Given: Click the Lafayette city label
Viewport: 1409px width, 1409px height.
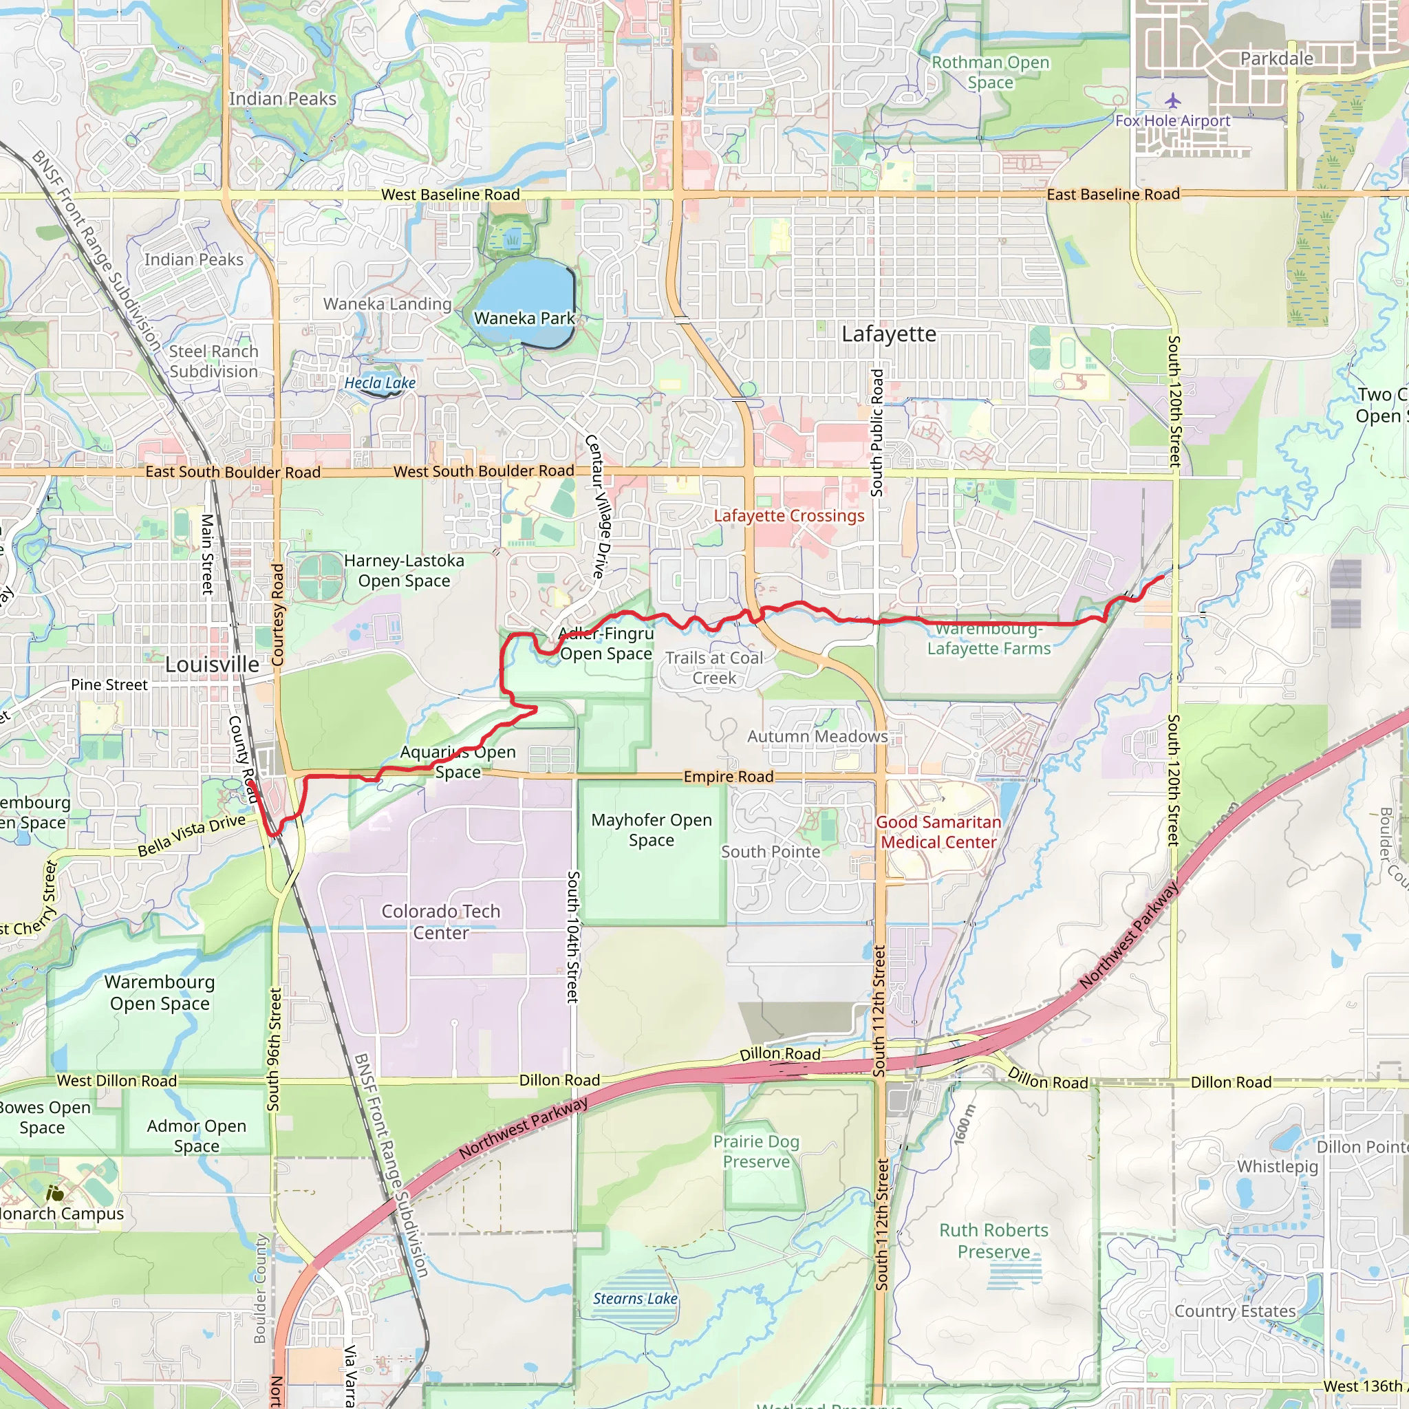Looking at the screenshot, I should click(888, 334).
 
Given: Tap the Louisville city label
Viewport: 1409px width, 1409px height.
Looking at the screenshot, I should click(211, 665).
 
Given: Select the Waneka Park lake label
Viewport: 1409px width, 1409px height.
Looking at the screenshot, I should click(524, 318).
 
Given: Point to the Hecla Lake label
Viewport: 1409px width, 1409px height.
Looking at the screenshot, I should click(379, 383).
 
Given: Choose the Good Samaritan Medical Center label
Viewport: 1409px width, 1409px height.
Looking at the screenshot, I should click(938, 832).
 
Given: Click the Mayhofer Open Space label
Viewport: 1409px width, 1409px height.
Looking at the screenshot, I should click(652, 830).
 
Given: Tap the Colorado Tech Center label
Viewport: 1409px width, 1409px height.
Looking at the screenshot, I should click(440, 922).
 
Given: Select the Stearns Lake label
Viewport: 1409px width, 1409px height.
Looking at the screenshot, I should click(634, 1299).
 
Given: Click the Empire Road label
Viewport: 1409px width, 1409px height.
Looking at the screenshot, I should click(728, 777).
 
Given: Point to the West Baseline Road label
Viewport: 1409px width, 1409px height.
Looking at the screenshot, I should click(450, 195).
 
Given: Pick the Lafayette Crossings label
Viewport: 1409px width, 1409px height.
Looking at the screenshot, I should click(788, 515).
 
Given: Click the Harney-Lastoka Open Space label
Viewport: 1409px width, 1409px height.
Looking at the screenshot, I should click(404, 571).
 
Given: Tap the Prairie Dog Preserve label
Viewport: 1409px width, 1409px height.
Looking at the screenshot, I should click(756, 1152).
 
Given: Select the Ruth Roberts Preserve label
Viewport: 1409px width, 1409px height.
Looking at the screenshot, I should click(993, 1240).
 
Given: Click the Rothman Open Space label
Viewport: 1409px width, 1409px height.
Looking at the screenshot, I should click(991, 72).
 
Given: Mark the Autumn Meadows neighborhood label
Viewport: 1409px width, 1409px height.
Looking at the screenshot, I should click(817, 737).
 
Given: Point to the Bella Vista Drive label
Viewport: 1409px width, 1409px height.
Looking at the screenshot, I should click(192, 835).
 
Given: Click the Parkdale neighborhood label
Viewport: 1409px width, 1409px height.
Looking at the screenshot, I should click(1276, 58).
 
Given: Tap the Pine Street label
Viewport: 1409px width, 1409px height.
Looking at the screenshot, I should click(109, 685).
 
